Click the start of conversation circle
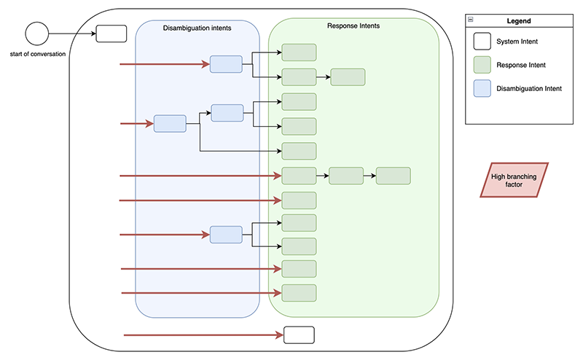pyautogui.click(x=36, y=34)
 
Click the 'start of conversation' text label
pyautogui.click(x=38, y=55)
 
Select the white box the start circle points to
pyautogui.click(x=111, y=34)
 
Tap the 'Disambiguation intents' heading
pyautogui.click(x=197, y=28)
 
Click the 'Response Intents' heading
pyautogui.click(x=353, y=26)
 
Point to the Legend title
pyautogui.click(x=519, y=21)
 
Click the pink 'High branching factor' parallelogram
pyautogui.click(x=514, y=180)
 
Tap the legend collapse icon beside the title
pyautogui.click(x=471, y=21)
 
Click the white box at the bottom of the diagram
pyautogui.click(x=298, y=335)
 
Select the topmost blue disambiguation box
pyautogui.click(x=226, y=64)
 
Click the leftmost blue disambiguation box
pyautogui.click(x=170, y=124)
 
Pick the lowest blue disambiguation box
pyautogui.click(x=226, y=235)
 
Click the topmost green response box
pyautogui.click(x=299, y=52)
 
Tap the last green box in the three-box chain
pyautogui.click(x=394, y=176)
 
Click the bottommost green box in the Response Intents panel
pyautogui.click(x=299, y=293)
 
